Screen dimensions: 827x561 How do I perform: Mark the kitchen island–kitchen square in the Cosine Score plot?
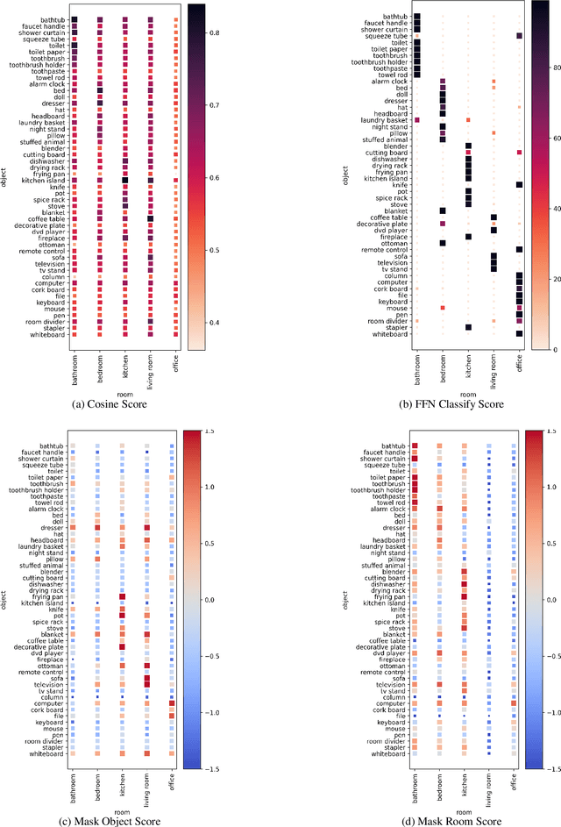[x=125, y=180]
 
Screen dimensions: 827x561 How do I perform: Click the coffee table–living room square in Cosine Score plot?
[x=151, y=218]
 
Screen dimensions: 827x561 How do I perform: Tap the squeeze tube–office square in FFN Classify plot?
[x=520, y=35]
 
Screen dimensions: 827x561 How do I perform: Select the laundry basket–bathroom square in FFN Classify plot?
[x=417, y=119]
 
